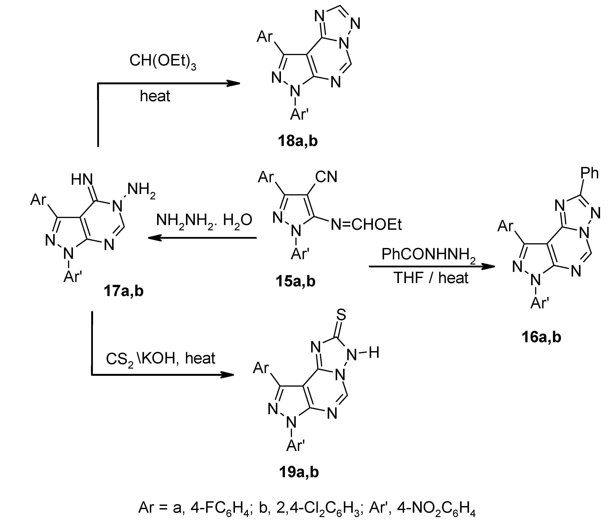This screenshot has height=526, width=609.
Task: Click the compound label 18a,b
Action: (298, 141)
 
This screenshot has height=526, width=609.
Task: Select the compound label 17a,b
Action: (123, 291)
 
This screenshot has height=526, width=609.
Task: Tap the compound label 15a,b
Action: (295, 281)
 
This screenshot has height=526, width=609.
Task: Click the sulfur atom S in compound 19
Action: (341, 315)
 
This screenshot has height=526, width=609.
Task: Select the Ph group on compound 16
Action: (589, 173)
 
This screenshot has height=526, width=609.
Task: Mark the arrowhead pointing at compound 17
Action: (154, 238)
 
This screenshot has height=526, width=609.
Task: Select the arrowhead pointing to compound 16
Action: (489, 267)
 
